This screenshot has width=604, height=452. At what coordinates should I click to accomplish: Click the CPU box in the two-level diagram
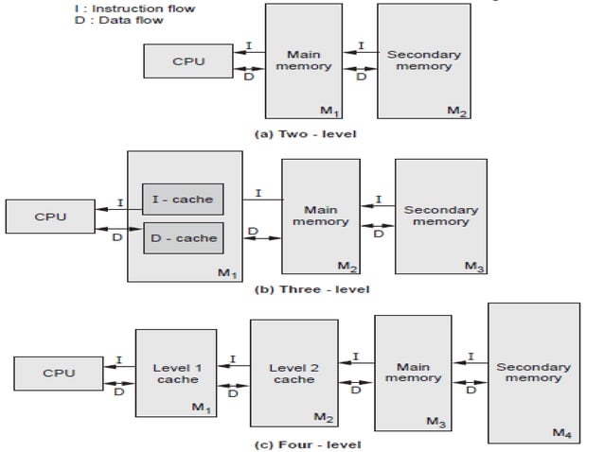coord(188,61)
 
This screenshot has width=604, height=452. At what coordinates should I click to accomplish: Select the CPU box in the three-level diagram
coord(49,216)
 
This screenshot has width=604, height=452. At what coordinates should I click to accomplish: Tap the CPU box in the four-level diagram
coord(58,374)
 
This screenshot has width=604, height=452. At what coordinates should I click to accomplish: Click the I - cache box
coord(182,198)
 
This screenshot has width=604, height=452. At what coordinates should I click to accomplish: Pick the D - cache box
coord(182,238)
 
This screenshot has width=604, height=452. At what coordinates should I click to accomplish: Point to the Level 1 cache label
coord(177,373)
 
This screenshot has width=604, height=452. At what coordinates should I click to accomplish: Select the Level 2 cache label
coord(293,373)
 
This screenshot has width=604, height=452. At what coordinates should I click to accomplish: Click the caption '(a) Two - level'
coord(306,133)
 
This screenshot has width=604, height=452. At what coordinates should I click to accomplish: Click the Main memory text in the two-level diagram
coord(310,61)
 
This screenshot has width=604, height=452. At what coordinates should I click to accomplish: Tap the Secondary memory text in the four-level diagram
coord(533,373)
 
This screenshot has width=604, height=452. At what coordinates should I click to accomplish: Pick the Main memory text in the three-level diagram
coord(320,216)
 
